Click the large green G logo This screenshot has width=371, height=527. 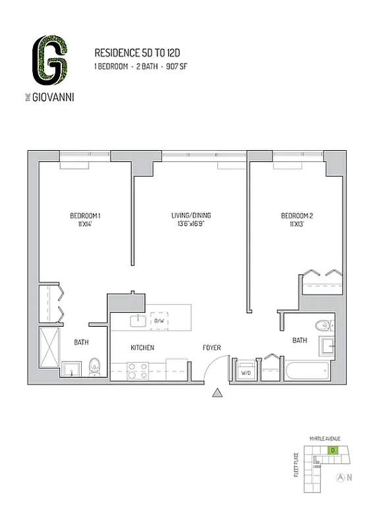51,61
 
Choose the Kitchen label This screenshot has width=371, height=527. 142,347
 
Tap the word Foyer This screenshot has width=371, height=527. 212,347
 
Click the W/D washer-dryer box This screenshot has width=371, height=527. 245,372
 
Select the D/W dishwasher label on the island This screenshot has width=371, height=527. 159,321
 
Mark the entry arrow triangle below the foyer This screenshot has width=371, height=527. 217,394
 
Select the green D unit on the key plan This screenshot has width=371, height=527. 333,451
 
